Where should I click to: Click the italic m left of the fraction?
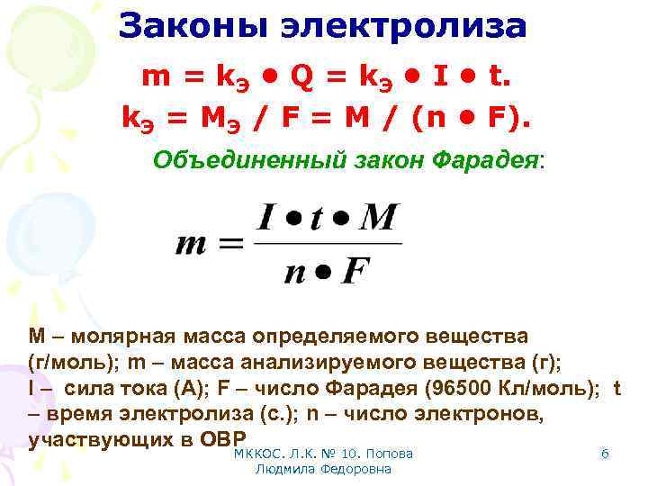[x=194, y=244]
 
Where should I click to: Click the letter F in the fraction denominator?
[x=356, y=270]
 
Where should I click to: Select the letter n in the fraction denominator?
[x=294, y=272]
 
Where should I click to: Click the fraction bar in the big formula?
[x=328, y=242]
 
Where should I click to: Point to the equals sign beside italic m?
[x=232, y=244]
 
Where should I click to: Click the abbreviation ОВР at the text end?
[x=212, y=440]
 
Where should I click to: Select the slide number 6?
[x=605, y=454]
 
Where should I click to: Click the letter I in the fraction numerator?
[x=266, y=218]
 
